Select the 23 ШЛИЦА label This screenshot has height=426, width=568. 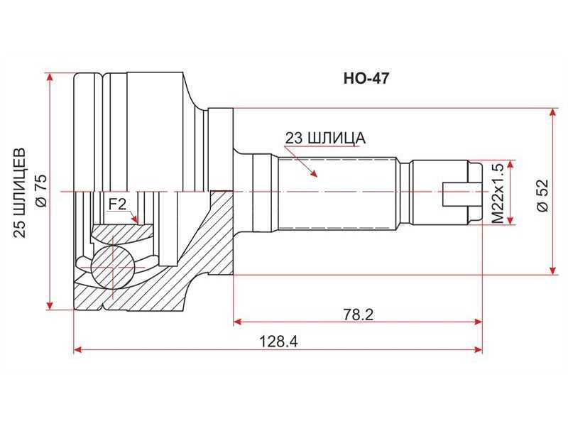tap(325, 138)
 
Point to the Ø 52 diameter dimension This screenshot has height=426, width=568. tap(543, 192)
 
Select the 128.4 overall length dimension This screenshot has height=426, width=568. tap(278, 342)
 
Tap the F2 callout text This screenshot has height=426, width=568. tap(117, 204)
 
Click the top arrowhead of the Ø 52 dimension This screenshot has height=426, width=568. tap(552, 112)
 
